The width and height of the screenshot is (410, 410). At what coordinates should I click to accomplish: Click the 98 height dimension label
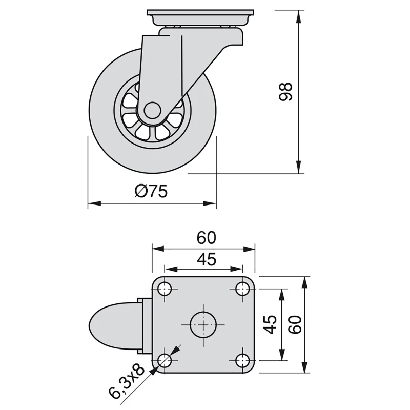point(286,91)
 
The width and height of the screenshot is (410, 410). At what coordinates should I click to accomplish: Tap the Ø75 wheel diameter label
point(151,191)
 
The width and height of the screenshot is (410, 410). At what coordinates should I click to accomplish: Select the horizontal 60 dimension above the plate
point(204,238)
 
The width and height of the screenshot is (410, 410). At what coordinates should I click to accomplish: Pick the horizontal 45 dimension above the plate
point(204,260)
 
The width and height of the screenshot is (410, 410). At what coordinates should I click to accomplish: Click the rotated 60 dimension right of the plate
point(294,324)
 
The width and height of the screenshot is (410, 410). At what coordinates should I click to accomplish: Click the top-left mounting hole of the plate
point(165,289)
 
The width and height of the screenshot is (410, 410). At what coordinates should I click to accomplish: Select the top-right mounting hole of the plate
point(242,289)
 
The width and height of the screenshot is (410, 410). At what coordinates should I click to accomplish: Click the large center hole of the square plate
point(203,324)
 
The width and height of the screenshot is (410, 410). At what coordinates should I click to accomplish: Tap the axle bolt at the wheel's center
point(151,110)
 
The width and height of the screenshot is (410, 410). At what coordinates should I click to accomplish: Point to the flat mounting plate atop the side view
point(200,13)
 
